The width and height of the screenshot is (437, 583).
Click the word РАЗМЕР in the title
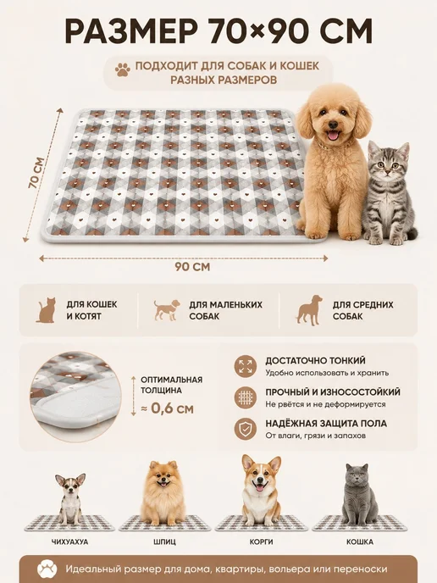[x=131, y=31]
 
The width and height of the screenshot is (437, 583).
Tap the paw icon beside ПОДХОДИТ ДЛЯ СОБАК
[x=123, y=69]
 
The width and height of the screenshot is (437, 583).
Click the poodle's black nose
[x=333, y=124]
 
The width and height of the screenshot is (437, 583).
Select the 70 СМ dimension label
[x=36, y=173]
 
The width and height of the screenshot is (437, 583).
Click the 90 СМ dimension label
[x=192, y=267]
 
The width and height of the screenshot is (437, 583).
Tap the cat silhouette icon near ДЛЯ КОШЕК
[x=46, y=310]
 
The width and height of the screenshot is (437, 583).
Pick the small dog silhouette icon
[x=167, y=310]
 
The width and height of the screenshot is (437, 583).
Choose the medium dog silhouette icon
[x=309, y=310]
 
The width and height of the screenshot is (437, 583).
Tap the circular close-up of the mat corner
[x=75, y=397]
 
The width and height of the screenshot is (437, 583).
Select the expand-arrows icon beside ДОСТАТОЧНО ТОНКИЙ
[x=246, y=366]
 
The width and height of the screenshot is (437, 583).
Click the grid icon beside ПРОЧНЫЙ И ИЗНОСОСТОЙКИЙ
[x=246, y=397]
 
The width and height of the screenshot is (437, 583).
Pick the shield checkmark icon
[x=246, y=429]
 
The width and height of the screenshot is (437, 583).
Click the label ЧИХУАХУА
[x=69, y=542]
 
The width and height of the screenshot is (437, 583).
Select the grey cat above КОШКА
[x=359, y=494]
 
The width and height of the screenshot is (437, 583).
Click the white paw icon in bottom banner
[x=47, y=569]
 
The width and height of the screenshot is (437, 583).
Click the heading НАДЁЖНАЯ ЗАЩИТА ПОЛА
[x=326, y=424]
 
